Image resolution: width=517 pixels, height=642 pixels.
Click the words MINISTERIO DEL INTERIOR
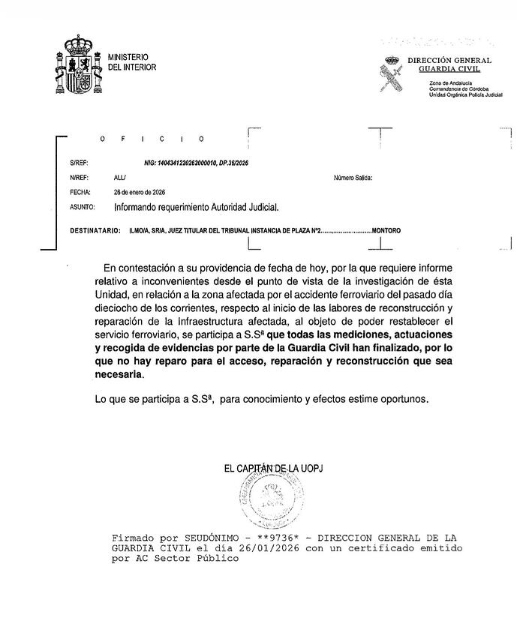[x=132, y=62]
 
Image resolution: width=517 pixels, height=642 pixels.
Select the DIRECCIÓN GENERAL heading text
[x=449, y=60]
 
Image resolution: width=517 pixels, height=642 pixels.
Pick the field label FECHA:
[x=80, y=191]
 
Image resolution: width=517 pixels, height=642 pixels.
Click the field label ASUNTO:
[x=82, y=205]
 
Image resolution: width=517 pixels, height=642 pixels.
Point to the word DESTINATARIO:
[x=95, y=230]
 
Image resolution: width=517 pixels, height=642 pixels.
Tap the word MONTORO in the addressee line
[x=386, y=230]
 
